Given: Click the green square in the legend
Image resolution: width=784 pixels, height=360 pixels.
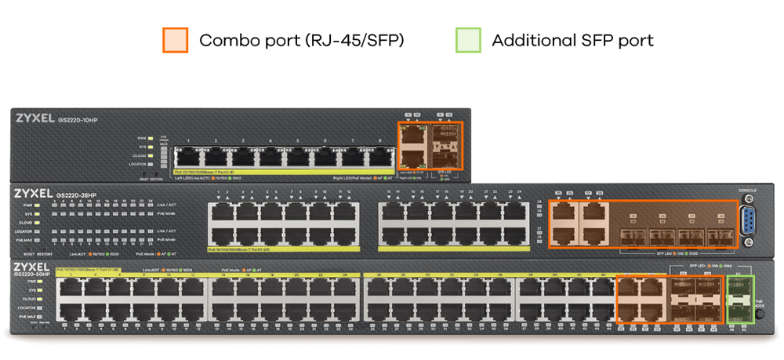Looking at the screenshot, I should pos(468,41).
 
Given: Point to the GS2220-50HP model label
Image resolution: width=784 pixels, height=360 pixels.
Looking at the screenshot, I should pos(33,275).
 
